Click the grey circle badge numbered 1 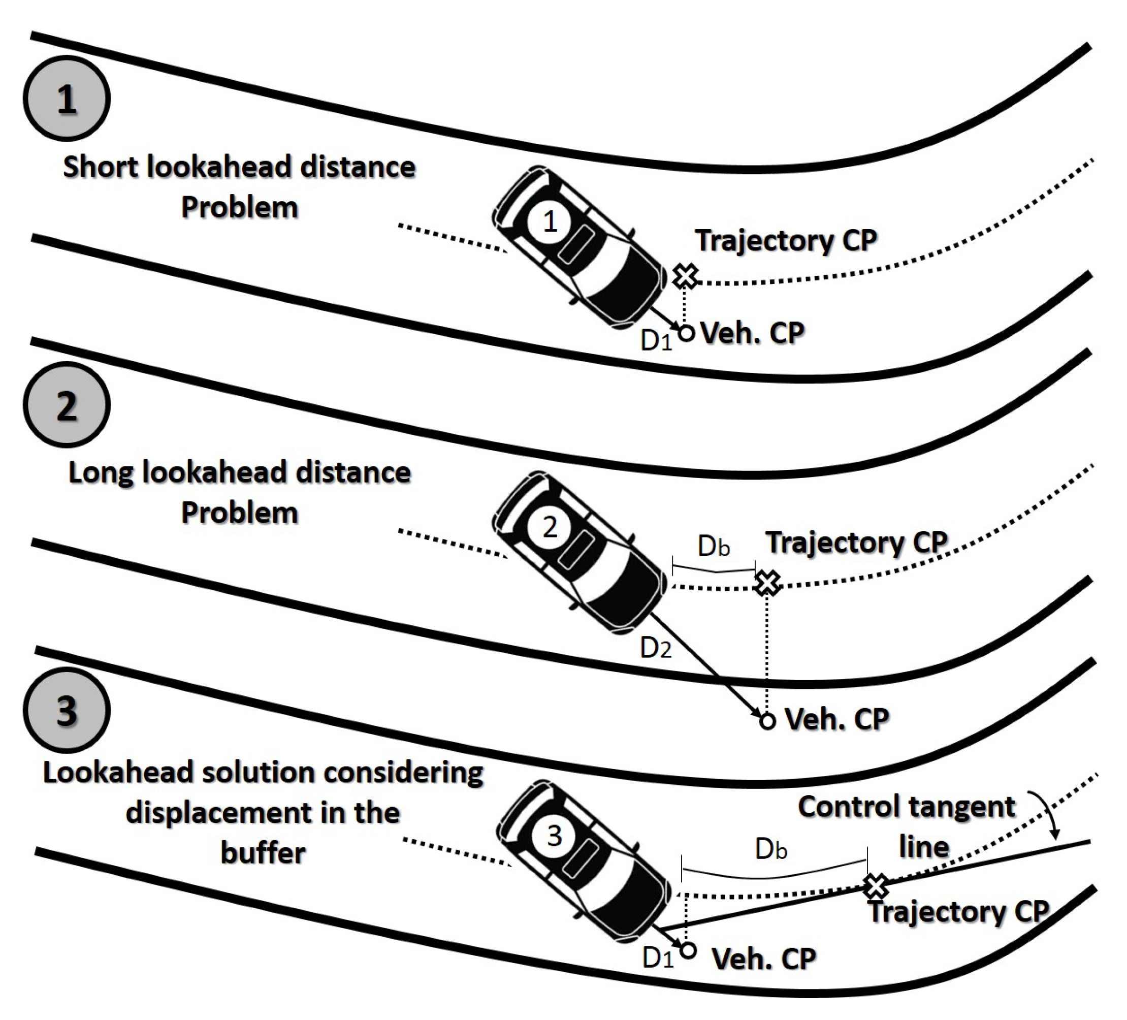[67, 99]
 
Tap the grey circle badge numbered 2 [67, 405]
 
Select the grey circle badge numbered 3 [67, 710]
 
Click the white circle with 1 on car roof [550, 221]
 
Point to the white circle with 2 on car [550, 527]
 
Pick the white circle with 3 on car [554, 836]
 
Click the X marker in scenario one [685, 276]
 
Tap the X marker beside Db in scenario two [767, 583]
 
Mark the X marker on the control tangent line [876, 886]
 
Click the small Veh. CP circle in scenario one [687, 333]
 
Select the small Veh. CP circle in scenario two [767, 721]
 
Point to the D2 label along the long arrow [655, 648]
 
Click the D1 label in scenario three [657, 959]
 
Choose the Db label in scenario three [771, 849]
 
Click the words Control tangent [906, 807]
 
